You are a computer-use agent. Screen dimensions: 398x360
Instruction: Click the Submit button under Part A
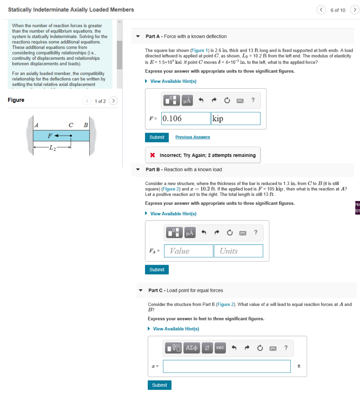(157, 137)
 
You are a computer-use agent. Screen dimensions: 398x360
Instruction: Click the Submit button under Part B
(157, 270)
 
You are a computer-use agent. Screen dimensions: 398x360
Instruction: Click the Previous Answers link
(192, 137)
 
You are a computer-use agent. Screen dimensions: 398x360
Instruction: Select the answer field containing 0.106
(185, 119)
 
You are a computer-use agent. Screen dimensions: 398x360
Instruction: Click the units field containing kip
(236, 119)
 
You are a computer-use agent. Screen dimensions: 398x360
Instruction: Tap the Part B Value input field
(189, 251)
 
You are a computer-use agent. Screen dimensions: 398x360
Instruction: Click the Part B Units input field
(238, 251)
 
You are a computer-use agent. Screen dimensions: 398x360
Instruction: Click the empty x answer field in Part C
(227, 366)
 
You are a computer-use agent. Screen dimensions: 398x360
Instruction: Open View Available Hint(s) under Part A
(173, 81)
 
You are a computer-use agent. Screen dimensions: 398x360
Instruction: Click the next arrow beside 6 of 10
(354, 10)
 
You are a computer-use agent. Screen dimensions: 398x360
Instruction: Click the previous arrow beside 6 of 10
(321, 10)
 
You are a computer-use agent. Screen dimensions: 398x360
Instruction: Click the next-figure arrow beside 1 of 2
(113, 101)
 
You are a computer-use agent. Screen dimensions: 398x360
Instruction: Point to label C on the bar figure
(71, 125)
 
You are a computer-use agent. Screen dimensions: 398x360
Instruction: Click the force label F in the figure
(49, 136)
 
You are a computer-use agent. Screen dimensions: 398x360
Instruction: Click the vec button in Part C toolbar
(220, 348)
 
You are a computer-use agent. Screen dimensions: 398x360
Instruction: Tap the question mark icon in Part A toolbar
(253, 100)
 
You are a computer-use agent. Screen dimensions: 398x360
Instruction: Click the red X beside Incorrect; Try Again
(153, 155)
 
